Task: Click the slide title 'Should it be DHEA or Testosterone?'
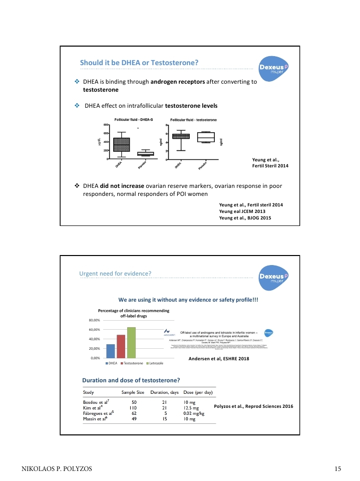[140, 63]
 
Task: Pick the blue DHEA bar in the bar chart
[111, 351]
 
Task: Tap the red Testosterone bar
[121, 347]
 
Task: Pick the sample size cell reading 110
[134, 408]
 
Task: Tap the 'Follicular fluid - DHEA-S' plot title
[134, 119]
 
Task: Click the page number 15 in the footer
[338, 469]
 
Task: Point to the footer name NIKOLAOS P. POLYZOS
[56, 469]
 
